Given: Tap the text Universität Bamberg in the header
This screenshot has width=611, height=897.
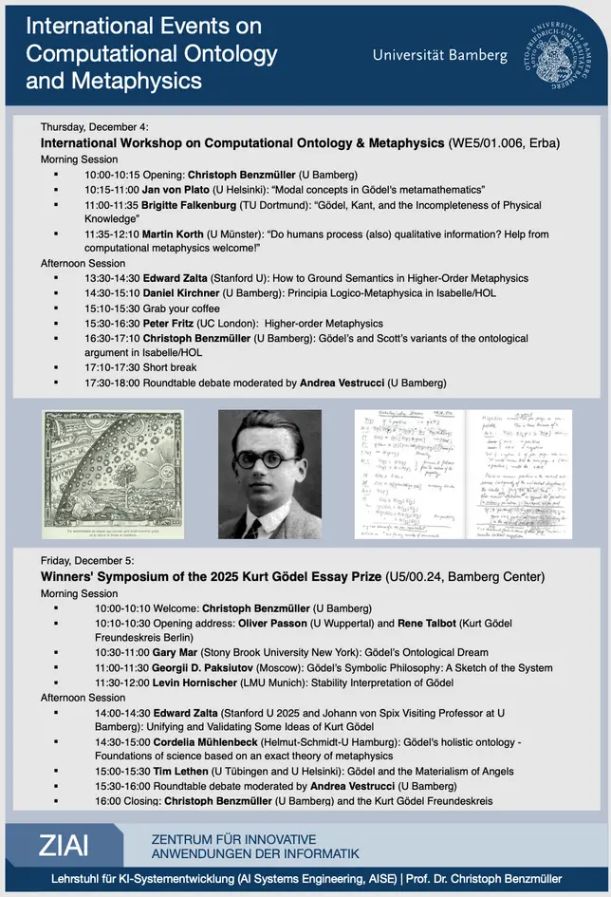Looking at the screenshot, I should coord(439,55).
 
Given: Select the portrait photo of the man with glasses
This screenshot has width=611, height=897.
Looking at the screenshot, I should coord(269,474).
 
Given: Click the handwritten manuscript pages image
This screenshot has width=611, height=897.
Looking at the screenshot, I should coord(463,474).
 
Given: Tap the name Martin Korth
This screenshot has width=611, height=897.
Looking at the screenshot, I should coord(173,232).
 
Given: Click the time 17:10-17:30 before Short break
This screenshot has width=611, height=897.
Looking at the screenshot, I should coord(112,366).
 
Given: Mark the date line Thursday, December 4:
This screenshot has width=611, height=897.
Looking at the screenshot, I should coord(95,127).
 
